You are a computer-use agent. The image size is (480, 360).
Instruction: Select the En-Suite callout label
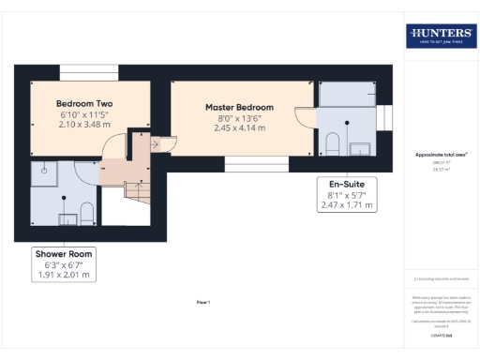346,185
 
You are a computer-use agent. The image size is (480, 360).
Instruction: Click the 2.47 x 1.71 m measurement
346,205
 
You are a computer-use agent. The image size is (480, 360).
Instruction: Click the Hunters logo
439,37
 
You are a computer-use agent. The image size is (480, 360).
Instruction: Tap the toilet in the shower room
85,215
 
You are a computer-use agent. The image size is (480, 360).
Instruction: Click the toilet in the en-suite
331,142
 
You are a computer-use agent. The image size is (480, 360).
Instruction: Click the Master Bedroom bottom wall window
249,163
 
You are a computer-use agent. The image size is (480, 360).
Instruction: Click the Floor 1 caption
202,302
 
